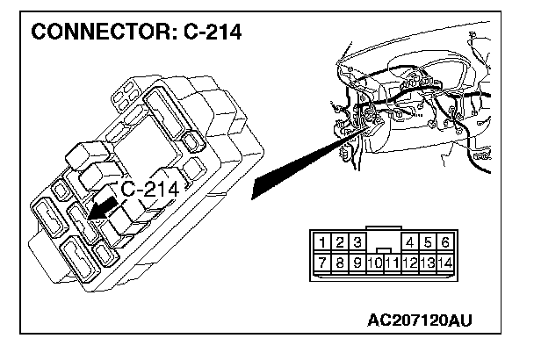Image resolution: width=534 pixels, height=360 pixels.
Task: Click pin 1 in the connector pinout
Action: pos(323,242)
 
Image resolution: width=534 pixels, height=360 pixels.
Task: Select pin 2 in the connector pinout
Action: pos(340,242)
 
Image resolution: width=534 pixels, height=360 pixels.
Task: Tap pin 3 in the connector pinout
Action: pos(357,242)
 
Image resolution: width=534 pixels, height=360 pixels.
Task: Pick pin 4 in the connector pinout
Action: pos(410,242)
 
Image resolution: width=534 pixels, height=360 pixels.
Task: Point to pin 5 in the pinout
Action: pos(428,242)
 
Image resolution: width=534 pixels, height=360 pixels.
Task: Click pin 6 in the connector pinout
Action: pos(445,242)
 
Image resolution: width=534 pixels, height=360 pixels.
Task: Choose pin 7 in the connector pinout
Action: pos(323,262)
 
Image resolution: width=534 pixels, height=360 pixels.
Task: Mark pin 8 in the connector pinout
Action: pos(340,262)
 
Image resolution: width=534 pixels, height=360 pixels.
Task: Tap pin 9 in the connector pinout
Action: pos(357,262)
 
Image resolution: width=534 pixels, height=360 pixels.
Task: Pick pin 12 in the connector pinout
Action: pos(409,263)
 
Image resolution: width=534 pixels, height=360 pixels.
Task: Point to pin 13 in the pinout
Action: pos(428,263)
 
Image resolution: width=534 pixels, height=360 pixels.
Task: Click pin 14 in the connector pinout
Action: pos(445,263)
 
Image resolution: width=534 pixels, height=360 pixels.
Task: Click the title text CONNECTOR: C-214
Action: pos(136,33)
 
